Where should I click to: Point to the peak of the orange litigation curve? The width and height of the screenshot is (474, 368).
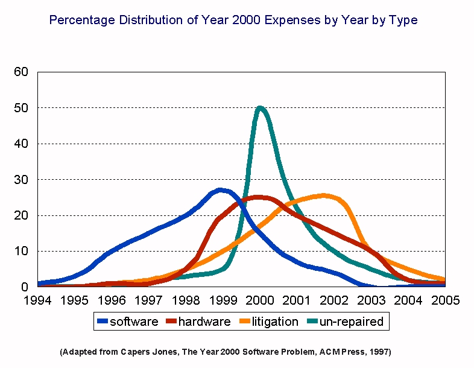click(324, 195)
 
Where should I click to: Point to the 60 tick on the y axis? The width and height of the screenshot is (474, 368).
click(21, 72)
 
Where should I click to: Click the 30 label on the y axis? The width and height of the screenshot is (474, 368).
click(21, 180)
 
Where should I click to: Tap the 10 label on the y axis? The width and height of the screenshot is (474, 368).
click(21, 252)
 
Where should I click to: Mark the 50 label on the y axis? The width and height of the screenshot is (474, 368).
click(21, 108)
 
